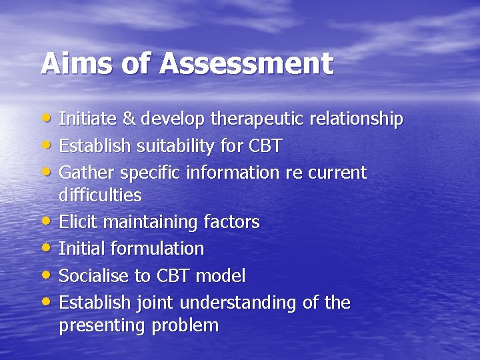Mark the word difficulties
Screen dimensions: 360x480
[x=100, y=195]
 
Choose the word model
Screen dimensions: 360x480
[x=223, y=275]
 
